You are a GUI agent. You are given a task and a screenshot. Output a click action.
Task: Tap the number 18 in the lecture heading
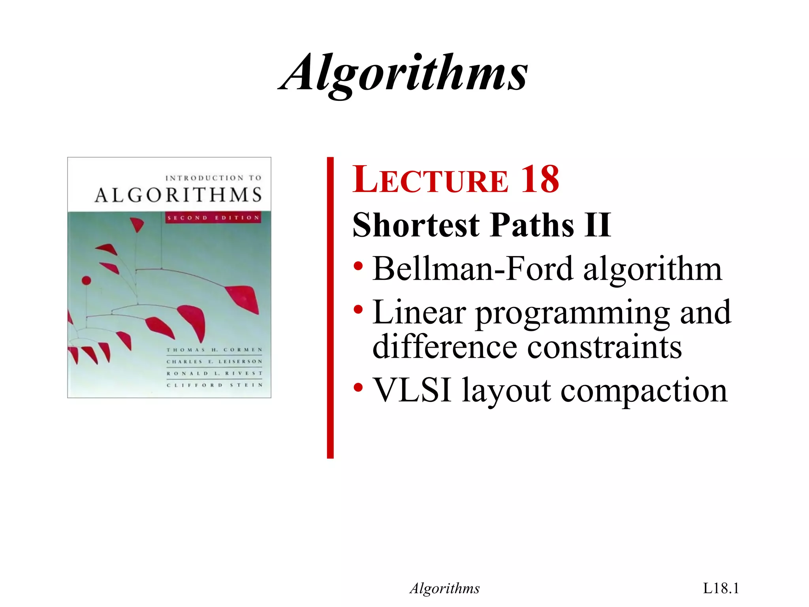(x=540, y=180)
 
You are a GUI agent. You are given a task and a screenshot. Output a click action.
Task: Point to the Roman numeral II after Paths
(x=598, y=225)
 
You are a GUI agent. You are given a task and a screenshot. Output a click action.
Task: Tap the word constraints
(x=604, y=347)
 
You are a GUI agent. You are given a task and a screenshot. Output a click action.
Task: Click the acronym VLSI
(x=412, y=390)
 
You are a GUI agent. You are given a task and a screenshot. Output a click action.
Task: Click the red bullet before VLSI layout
(x=358, y=387)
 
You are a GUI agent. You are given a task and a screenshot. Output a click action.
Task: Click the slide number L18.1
(x=721, y=588)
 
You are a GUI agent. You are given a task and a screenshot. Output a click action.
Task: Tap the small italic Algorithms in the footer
(x=444, y=588)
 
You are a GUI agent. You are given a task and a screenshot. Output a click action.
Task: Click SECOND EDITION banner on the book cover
(x=213, y=218)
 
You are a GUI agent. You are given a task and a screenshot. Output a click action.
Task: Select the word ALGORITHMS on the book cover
(x=178, y=195)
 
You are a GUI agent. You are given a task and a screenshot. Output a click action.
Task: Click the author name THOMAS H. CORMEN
(x=214, y=350)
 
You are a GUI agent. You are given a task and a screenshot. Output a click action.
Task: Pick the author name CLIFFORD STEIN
(x=214, y=385)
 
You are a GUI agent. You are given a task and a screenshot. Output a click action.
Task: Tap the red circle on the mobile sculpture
(x=86, y=281)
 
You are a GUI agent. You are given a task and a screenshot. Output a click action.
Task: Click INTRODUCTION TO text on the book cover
(x=213, y=178)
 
